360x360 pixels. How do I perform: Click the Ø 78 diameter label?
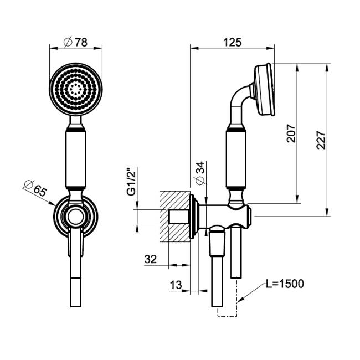tap(75, 42)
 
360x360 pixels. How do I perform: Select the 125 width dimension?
tap(233, 43)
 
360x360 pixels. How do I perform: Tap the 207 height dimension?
tap(291, 133)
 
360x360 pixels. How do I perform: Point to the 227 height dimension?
tap(321, 140)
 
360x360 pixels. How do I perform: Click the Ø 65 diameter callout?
tap(35, 188)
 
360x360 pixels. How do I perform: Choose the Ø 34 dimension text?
tap(200, 173)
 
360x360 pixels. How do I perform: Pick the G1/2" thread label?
tap(132, 182)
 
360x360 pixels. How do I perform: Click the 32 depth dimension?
tap(151, 259)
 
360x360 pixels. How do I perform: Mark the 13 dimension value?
tap(176, 285)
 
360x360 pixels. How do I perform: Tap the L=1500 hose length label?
tap(285, 284)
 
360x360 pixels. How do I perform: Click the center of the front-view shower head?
tap(76, 89)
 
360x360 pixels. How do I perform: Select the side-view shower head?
tap(264, 89)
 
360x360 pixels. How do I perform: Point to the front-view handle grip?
tap(76, 160)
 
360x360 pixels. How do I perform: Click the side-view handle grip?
tap(236, 160)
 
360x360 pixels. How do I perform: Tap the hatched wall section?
tap(174, 217)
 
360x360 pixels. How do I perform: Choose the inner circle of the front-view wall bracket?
tap(75, 217)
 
